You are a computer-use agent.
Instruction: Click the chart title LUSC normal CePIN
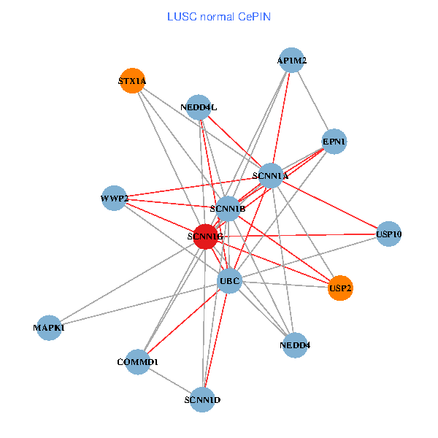coord(219,16)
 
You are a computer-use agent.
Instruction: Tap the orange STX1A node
coord(131,81)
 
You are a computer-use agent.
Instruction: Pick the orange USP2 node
coord(340,288)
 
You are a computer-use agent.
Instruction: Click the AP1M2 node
coord(292,61)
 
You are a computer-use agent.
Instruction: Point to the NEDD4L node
coord(199,107)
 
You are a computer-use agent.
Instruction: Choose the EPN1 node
coord(334,141)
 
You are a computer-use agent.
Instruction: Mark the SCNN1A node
coord(270,175)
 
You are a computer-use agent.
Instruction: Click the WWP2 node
coord(114,198)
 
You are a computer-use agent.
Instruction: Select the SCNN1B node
coord(227,209)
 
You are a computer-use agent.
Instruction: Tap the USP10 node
coord(388,234)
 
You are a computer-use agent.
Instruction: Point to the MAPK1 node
coord(49,328)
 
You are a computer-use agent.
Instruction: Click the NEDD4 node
coord(294,345)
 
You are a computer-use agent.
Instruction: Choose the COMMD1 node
coord(137,361)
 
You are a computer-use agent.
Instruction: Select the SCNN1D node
coord(202,400)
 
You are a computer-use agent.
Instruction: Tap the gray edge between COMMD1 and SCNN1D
coord(169,380)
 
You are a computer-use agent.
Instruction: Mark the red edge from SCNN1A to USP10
coord(329,204)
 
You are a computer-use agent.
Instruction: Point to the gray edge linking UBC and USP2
coord(285,285)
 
